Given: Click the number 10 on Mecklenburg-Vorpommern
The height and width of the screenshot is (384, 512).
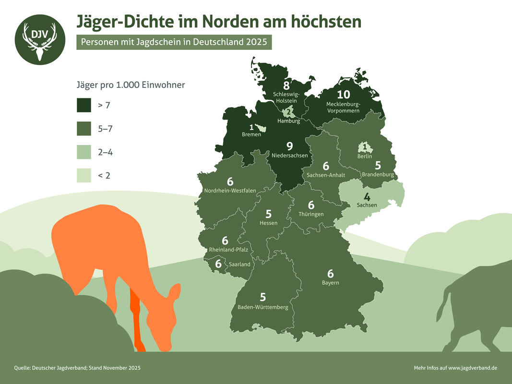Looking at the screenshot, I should (344, 95).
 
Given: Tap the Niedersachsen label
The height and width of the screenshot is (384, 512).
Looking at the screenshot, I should (289, 156).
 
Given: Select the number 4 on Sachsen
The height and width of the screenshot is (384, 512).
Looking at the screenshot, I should (367, 197).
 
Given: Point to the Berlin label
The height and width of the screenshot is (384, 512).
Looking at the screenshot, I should (365, 156).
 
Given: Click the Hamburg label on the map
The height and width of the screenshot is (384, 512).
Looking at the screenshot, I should (288, 121).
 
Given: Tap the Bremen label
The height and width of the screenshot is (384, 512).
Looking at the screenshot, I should (251, 134).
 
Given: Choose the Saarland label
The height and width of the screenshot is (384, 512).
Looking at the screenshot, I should (239, 264).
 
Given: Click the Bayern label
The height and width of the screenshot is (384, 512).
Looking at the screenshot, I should (330, 283).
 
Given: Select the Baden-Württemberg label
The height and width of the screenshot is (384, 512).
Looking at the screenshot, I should (263, 307).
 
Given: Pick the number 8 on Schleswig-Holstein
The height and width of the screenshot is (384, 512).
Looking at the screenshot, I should (286, 85).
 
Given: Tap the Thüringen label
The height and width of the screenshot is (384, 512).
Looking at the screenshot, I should (311, 214).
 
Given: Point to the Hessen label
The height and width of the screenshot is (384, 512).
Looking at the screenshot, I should (268, 223).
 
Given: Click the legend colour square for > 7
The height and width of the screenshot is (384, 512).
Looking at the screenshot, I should (83, 105).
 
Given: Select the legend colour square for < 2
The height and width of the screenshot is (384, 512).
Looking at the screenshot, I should (83, 176).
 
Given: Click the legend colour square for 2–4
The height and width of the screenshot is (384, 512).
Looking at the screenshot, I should (83, 152).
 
